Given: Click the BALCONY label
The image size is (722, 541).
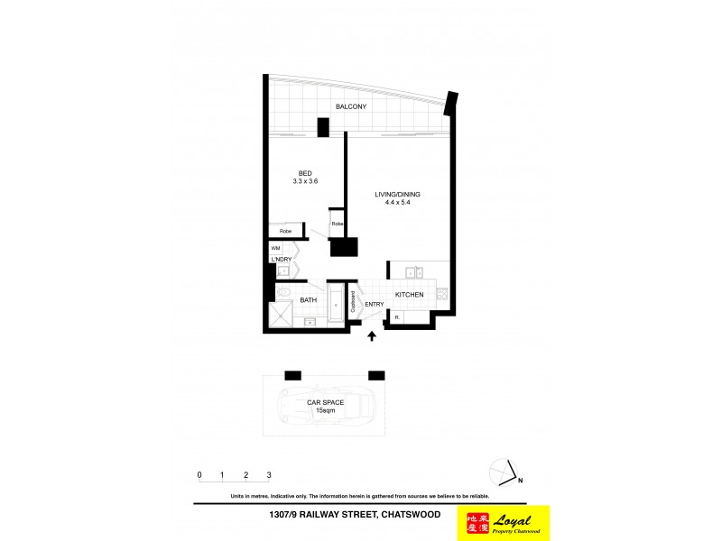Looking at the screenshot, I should coord(351,106).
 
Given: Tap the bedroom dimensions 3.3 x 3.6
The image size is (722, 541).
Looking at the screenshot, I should coord(305,181).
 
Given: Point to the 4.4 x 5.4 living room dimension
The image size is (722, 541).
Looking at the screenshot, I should coord(398,204).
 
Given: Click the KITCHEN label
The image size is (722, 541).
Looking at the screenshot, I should coord(409,295).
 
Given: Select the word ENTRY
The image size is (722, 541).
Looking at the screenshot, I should coord(374,304).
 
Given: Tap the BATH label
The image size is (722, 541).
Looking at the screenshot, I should coord(308,299).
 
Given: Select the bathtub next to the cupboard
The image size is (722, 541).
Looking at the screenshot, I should coord(335,306).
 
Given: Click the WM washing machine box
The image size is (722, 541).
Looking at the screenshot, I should coord(276,248).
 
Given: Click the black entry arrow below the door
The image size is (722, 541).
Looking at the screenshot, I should coord(372,337).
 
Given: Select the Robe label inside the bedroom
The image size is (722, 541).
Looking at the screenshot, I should coord(285,232).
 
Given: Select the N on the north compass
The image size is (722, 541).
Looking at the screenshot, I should coord(520,481).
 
